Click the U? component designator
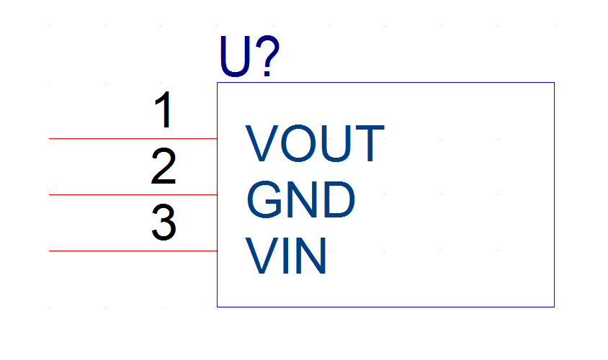(x=249, y=57)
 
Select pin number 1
(x=164, y=109)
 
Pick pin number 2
(x=164, y=166)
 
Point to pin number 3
(x=164, y=222)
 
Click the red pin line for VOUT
(x=133, y=138)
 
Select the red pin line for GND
(x=133, y=194)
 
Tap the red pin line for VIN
(x=133, y=251)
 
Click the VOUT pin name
(x=315, y=143)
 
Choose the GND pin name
(x=300, y=199)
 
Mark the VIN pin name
(x=286, y=256)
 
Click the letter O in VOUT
(x=298, y=143)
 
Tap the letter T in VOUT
(x=370, y=143)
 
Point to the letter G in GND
(x=264, y=199)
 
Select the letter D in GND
(x=339, y=199)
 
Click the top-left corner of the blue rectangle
(x=217, y=83)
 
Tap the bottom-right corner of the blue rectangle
(x=554, y=307)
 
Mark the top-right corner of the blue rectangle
(x=554, y=83)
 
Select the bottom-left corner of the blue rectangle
(x=217, y=307)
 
